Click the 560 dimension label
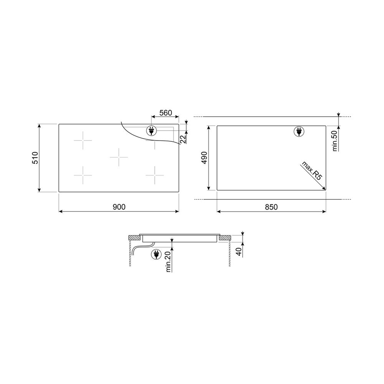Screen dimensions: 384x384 coord(166,113)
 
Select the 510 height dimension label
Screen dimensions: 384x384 coord(35,158)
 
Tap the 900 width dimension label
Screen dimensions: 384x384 coord(119,207)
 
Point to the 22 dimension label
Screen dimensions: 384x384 coord(183,139)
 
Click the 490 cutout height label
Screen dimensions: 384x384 coord(204,158)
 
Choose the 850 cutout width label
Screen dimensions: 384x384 coord(271,207)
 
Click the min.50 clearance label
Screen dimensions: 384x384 coord(335,141)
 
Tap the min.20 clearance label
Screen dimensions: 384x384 coord(168,262)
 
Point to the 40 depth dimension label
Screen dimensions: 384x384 coord(239,252)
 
